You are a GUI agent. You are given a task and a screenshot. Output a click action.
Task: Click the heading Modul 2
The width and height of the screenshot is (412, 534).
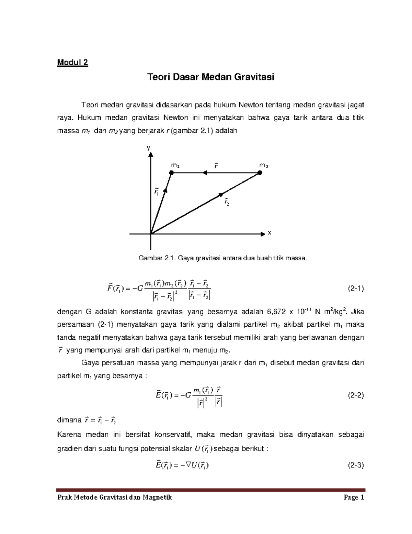72,63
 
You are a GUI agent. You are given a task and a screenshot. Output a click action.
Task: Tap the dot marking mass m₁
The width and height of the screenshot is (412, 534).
172,173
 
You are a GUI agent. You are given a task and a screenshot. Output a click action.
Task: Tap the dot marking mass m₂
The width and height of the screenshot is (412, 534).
260,173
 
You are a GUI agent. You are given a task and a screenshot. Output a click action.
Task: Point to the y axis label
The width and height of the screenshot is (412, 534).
149,148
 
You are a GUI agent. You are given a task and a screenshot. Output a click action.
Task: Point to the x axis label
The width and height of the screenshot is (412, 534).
269,233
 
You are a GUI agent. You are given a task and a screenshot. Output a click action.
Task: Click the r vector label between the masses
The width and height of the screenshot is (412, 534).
216,165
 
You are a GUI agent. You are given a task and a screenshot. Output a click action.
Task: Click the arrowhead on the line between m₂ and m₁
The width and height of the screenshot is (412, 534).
205,173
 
